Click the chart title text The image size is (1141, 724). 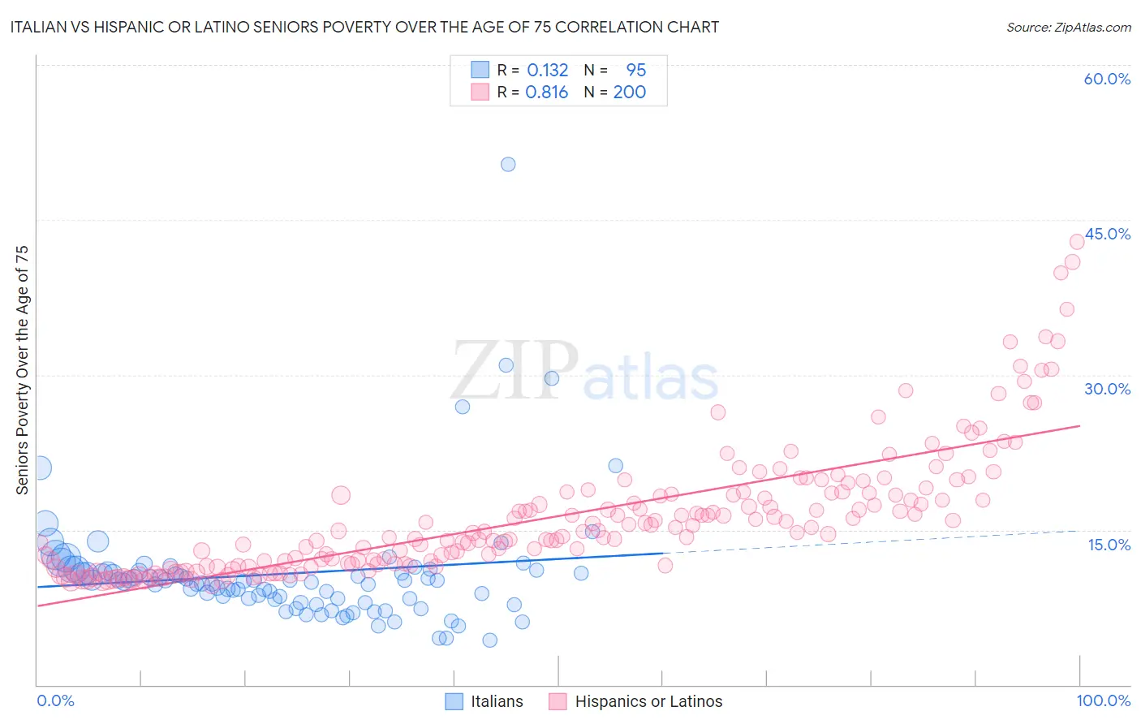click(x=364, y=27)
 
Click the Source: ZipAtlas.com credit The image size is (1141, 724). click(x=1068, y=27)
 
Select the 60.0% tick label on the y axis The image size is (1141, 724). click(x=1107, y=79)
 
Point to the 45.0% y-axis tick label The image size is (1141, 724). click(x=1107, y=234)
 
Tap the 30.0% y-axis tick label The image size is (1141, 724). click(x=1107, y=389)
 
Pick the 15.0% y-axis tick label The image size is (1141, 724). click(x=1109, y=545)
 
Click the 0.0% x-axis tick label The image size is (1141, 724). click(x=56, y=700)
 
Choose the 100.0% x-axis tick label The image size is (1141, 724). click(x=1103, y=700)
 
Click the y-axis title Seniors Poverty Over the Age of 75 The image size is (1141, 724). click(x=22, y=370)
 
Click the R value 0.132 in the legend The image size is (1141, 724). click(x=548, y=70)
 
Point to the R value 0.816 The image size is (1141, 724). click(x=547, y=92)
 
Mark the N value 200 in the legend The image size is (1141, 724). click(x=629, y=92)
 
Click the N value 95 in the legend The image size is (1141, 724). click(x=635, y=70)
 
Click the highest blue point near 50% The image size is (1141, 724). click(x=508, y=164)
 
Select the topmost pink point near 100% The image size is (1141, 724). click(x=1077, y=241)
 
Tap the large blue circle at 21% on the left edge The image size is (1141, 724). click(x=38, y=468)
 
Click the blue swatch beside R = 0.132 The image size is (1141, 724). click(x=480, y=70)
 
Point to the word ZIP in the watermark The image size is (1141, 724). click(x=514, y=370)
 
